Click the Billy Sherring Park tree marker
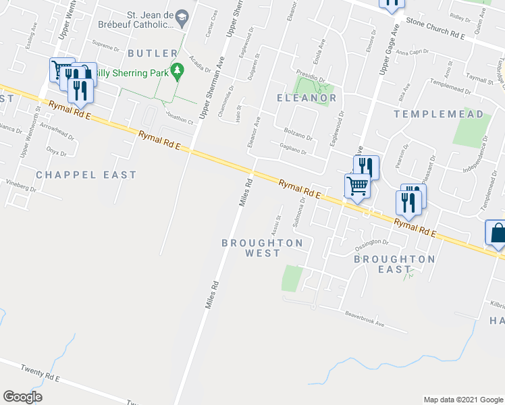point(178,70)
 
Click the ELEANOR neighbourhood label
point(307,98)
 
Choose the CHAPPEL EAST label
point(86,175)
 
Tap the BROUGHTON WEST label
point(262,248)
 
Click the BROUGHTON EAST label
point(394,264)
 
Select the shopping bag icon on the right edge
point(496,233)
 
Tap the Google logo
point(22,397)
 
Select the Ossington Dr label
point(372,244)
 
